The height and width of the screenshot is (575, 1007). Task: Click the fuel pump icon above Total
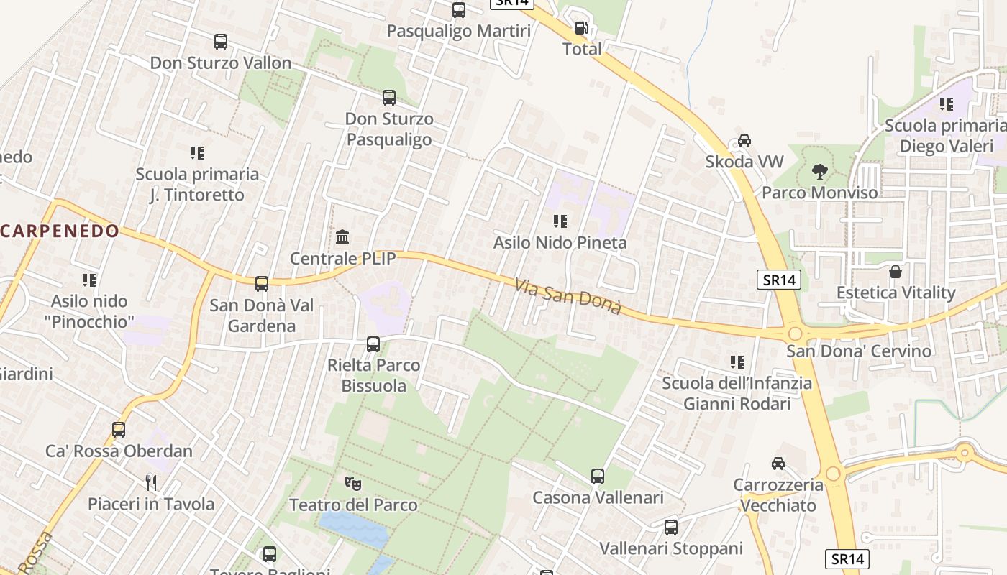pyautogui.click(x=580, y=29)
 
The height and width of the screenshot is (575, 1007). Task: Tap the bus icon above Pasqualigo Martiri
pyautogui.click(x=459, y=10)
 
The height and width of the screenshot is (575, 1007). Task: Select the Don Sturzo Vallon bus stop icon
pyautogui.click(x=221, y=42)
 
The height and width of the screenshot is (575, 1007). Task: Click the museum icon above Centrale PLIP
pyautogui.click(x=342, y=236)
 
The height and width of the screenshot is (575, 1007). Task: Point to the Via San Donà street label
pyautogui.click(x=568, y=295)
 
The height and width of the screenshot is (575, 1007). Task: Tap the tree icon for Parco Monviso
pyautogui.click(x=819, y=172)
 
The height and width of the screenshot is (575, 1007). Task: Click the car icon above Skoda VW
pyautogui.click(x=744, y=141)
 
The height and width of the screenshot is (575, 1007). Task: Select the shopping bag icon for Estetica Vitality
pyautogui.click(x=896, y=272)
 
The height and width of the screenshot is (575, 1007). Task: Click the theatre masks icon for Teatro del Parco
pyautogui.click(x=352, y=484)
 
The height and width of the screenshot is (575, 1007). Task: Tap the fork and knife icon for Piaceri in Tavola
pyautogui.click(x=151, y=482)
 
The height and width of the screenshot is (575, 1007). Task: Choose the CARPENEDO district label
pyautogui.click(x=60, y=231)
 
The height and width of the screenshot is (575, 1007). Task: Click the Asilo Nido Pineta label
pyautogui.click(x=560, y=243)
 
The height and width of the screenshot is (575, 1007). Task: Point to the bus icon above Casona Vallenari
pyautogui.click(x=598, y=476)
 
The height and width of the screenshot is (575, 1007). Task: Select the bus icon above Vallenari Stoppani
pyautogui.click(x=671, y=528)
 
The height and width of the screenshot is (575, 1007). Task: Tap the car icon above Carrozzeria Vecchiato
pyautogui.click(x=778, y=464)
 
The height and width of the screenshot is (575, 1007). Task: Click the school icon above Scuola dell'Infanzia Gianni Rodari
pyautogui.click(x=737, y=362)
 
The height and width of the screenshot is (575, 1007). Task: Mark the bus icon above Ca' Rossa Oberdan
pyautogui.click(x=119, y=430)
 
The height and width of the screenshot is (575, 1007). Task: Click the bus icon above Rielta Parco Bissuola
pyautogui.click(x=373, y=344)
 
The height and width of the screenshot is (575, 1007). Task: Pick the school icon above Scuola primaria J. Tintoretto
pyautogui.click(x=197, y=153)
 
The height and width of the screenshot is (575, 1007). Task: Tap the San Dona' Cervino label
pyautogui.click(x=858, y=351)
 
